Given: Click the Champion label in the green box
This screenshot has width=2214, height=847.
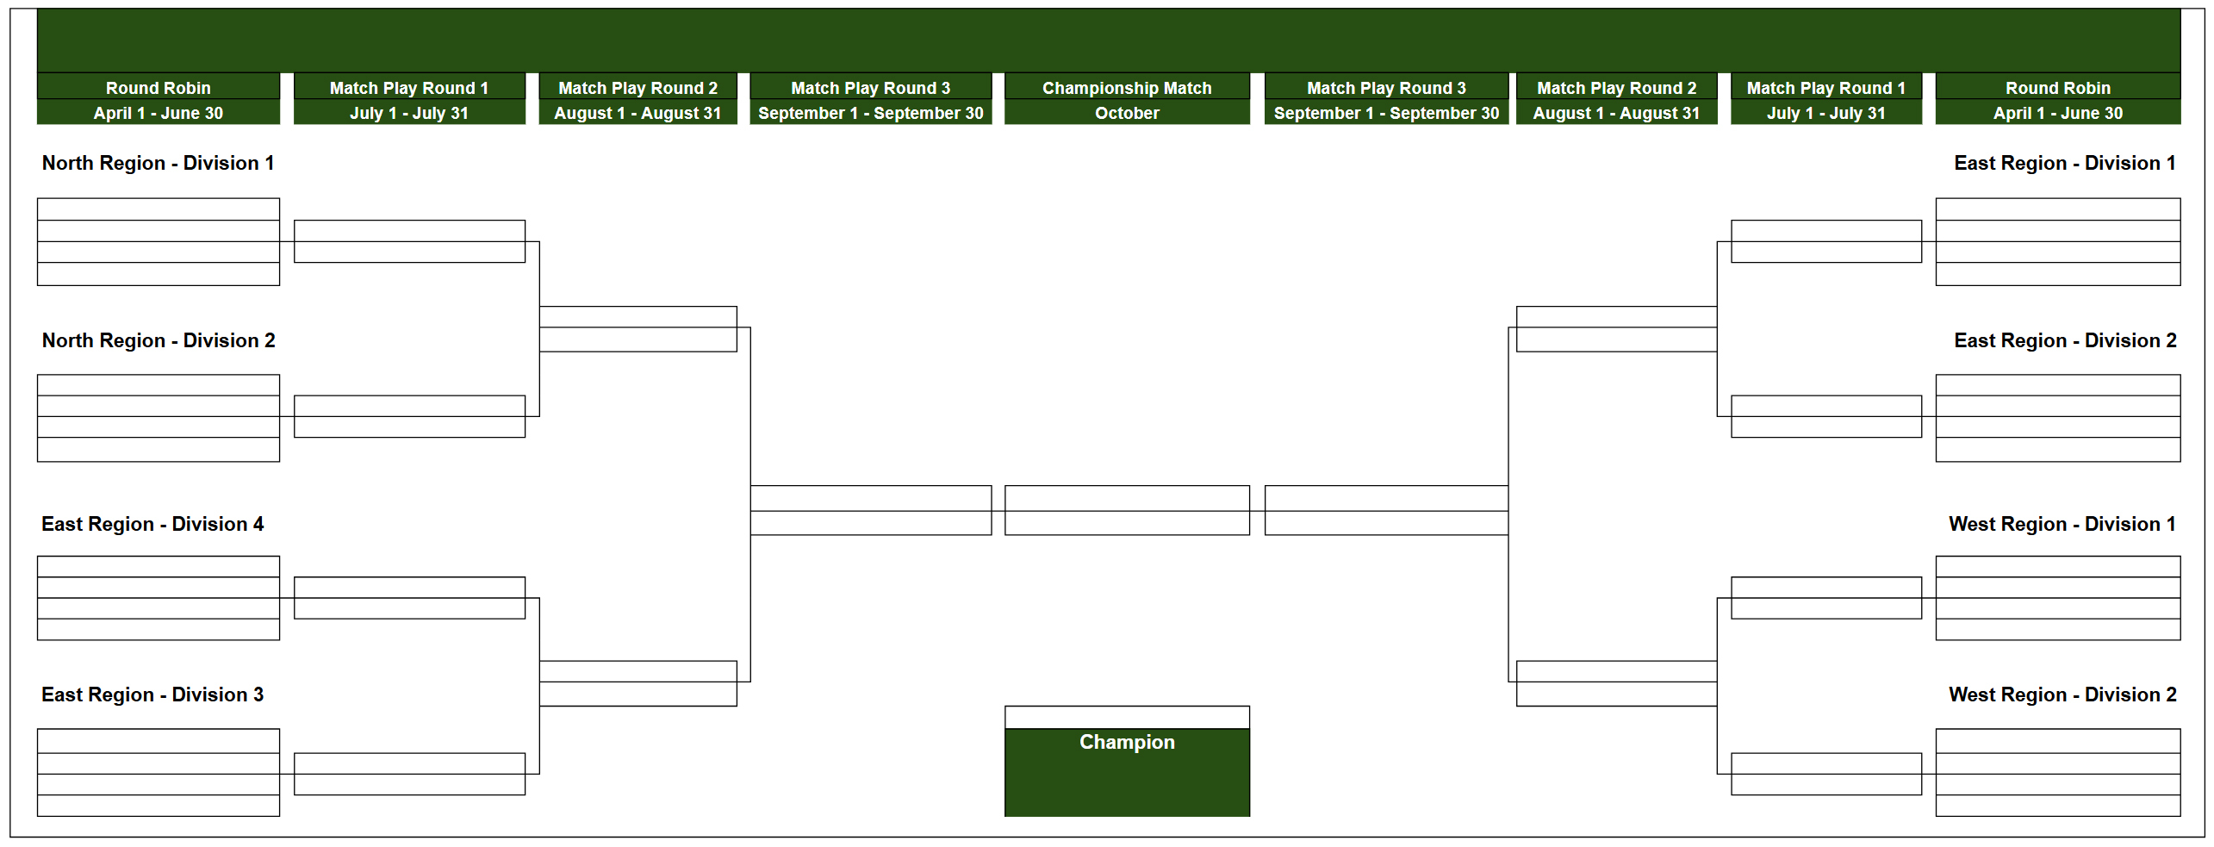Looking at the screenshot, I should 1126,742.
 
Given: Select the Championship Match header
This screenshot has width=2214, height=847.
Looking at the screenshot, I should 1126,88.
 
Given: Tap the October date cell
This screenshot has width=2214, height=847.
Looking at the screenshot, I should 1126,113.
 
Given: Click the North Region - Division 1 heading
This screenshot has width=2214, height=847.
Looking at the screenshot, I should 158,163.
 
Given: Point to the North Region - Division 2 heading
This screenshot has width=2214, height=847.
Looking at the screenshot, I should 159,340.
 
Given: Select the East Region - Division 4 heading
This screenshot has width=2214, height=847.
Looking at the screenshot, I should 152,524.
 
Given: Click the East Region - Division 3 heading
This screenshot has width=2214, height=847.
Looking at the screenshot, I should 152,694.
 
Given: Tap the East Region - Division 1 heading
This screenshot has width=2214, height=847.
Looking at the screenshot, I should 2064,163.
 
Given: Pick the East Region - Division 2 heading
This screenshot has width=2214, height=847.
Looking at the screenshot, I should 2064,340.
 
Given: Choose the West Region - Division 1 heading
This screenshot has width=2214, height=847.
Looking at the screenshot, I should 2062,524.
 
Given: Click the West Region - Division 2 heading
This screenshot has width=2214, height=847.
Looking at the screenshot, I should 2062,694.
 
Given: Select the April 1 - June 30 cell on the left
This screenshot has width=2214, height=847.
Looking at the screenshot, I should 158,113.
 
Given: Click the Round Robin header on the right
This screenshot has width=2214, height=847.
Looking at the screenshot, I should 2057,88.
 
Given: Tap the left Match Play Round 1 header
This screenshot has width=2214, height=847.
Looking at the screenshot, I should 408,88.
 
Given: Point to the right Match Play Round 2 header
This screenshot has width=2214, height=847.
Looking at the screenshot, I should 1616,88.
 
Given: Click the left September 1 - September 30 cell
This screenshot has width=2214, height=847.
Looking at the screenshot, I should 870,113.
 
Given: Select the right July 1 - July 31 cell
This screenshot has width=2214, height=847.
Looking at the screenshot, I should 1825,113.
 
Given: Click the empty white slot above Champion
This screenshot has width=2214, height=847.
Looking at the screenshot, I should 1126,717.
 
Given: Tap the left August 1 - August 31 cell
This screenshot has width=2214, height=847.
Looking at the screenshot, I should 637,113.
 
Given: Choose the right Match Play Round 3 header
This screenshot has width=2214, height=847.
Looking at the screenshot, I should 1385,88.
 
